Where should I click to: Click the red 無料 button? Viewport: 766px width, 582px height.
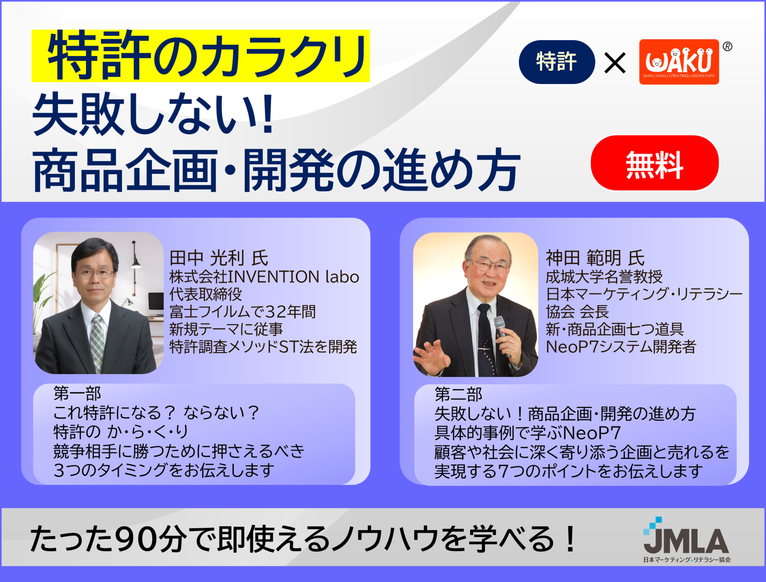click(655, 163)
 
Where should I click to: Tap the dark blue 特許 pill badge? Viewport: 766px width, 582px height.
click(557, 62)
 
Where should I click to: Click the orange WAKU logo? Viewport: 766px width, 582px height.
click(679, 62)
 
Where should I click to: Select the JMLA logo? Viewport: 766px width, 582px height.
click(686, 540)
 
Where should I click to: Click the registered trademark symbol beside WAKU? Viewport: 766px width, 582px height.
click(727, 46)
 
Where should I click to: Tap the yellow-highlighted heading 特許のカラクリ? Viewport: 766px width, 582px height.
click(201, 56)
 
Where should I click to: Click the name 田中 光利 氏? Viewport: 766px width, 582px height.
click(219, 258)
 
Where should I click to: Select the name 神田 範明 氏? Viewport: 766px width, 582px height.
click(595, 258)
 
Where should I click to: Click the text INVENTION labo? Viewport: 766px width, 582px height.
click(294, 277)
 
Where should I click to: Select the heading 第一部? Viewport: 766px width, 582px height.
click(77, 393)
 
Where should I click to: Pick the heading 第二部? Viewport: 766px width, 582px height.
click(458, 394)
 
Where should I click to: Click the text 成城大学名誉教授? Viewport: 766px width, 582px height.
click(604, 277)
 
